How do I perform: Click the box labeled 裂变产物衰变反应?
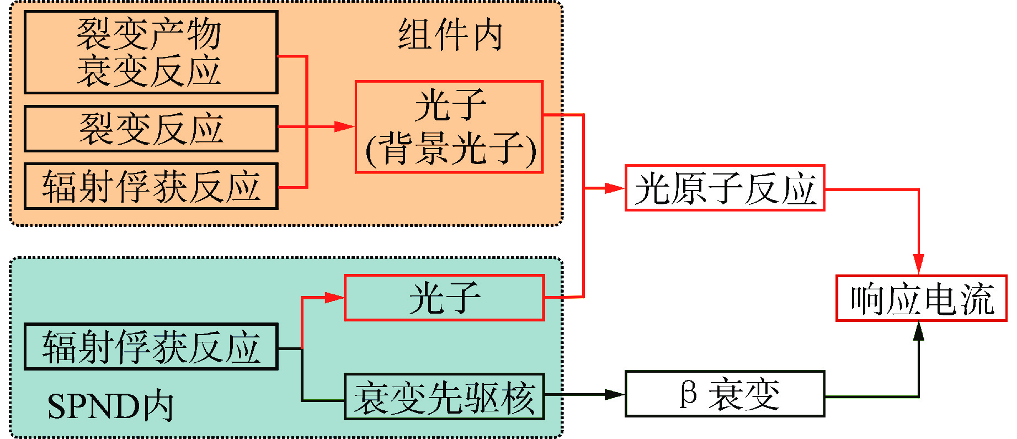click(x=151, y=52)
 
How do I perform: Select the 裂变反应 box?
click(x=151, y=129)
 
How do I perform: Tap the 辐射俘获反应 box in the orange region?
click(x=151, y=186)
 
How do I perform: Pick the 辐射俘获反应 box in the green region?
click(x=151, y=347)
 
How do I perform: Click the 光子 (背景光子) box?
click(x=449, y=127)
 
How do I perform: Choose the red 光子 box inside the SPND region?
click(x=444, y=298)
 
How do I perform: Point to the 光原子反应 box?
click(x=725, y=188)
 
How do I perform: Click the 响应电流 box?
click(x=921, y=298)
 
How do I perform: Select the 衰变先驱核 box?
click(x=444, y=397)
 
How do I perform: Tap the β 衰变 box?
click(x=725, y=394)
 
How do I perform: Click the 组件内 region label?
click(x=450, y=35)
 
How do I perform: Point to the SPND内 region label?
click(x=110, y=407)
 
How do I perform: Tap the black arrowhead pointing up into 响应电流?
click(x=918, y=331)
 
